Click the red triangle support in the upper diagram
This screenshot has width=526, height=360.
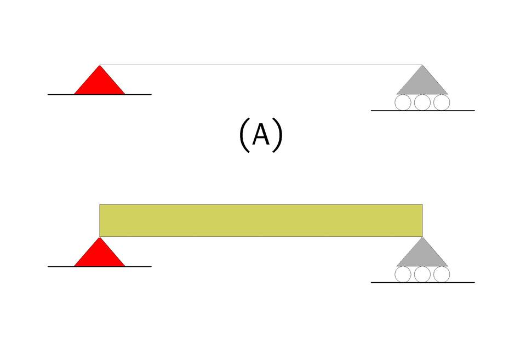[100, 84]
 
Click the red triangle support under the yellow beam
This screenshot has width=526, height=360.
[100, 256]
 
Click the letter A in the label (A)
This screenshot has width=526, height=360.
[261, 135]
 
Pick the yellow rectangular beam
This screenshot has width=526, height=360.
[261, 220]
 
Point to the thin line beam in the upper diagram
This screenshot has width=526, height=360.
[261, 65]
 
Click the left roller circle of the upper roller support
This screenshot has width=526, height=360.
[403, 102]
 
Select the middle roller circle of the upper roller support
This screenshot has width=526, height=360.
[422, 102]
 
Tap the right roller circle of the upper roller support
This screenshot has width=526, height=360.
[442, 102]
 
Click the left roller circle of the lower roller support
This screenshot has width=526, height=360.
[403, 275]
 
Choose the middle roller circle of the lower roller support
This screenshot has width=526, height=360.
[422, 275]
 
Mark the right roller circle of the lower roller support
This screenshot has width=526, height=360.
[442, 275]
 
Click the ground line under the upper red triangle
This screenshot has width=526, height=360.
[60, 94]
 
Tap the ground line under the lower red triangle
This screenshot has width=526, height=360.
[60, 266]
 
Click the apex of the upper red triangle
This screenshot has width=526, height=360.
[100, 67]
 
